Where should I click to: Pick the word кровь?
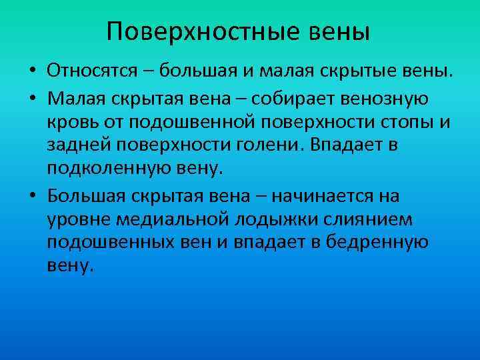pyautogui.click(x=71, y=123)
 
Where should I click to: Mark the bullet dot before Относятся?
pyautogui.click(x=32, y=71)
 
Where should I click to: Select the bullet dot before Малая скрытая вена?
pyautogui.click(x=32, y=99)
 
